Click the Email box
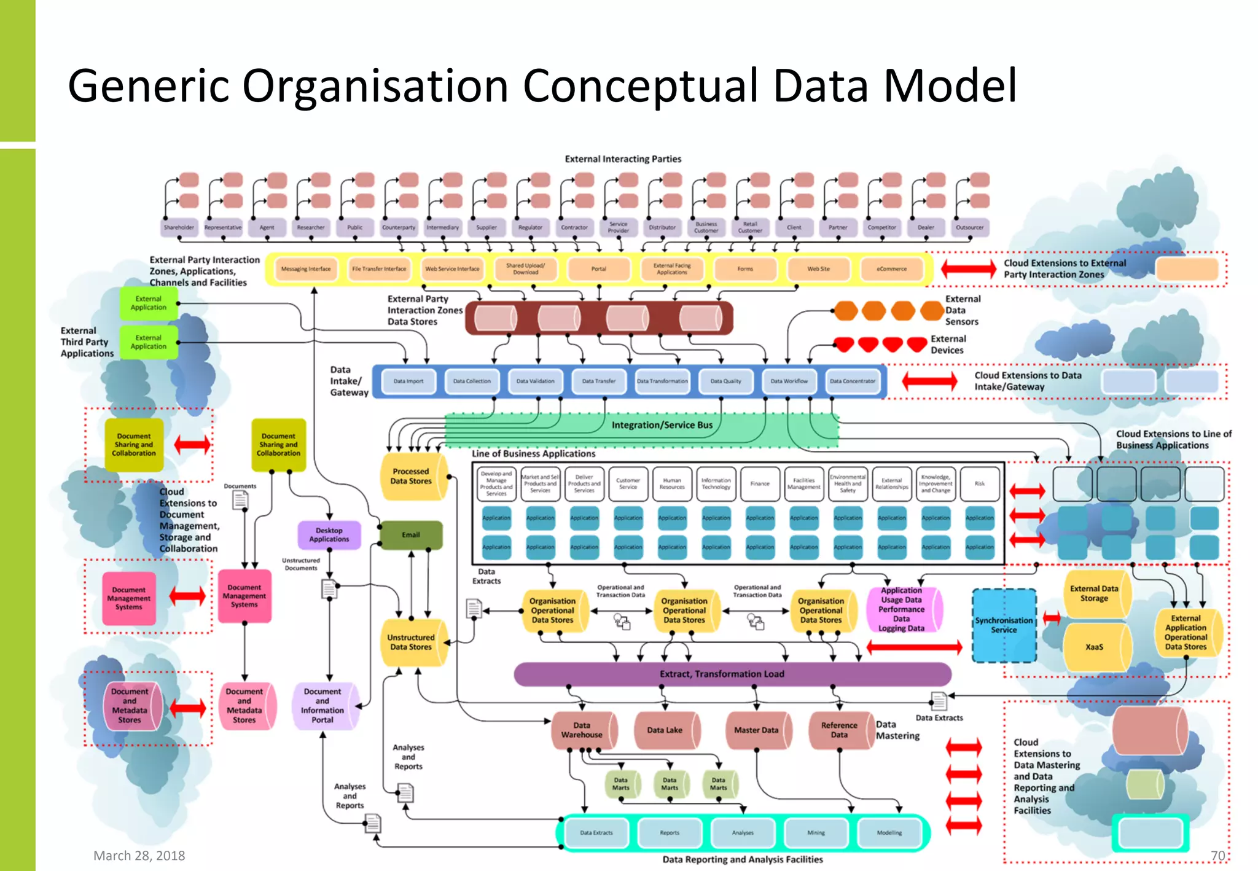411,534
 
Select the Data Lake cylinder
665,730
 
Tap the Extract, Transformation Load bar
722,674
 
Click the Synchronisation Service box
1004,625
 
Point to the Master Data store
756,730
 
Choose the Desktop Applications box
329,534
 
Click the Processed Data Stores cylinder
411,476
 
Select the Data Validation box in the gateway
535,381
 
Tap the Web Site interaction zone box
818,268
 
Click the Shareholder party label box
179,227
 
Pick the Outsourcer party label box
969,227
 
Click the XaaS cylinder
1094,647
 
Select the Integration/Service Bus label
662,425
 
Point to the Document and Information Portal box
322,705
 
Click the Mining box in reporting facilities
816,833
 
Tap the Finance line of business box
760,484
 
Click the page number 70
1217,856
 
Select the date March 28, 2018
139,856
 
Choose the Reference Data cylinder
838,730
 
